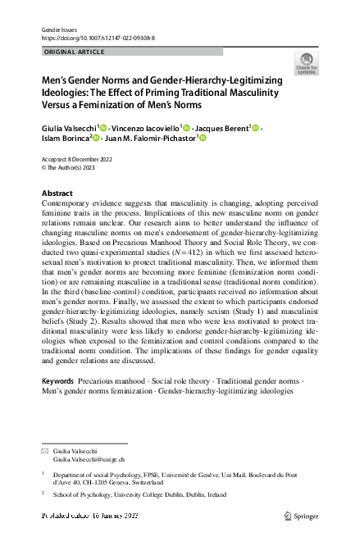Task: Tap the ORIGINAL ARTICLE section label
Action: coord(75,52)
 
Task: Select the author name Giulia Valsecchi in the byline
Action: coord(69,129)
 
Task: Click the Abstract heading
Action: coord(57,193)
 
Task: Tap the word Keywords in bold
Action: coord(58,383)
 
